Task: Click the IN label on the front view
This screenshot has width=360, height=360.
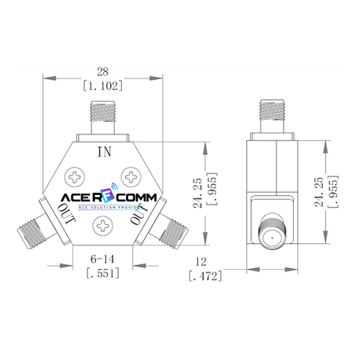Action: pyautogui.click(x=104, y=151)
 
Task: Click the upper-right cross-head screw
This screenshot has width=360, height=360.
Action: pyautogui.click(x=132, y=176)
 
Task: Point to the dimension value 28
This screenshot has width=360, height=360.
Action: pyautogui.click(x=103, y=71)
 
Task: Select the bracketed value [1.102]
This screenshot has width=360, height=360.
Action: pyautogui.click(x=103, y=85)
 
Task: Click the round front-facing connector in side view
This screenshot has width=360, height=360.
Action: pyautogui.click(x=274, y=235)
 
